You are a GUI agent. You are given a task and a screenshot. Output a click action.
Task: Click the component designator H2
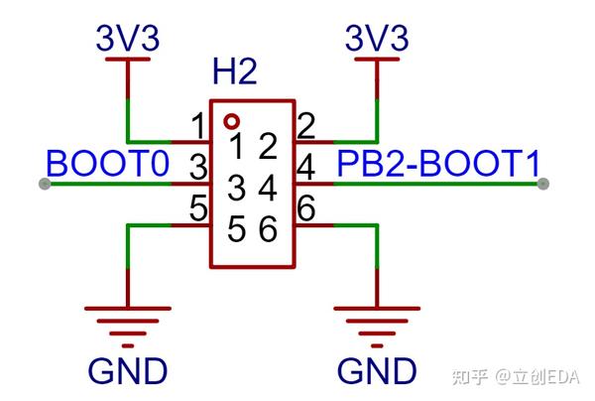pyautogui.click(x=235, y=73)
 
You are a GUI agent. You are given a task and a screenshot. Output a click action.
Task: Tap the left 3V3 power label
pyautogui.click(x=128, y=40)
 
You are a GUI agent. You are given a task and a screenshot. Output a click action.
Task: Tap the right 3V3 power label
pyautogui.click(x=377, y=40)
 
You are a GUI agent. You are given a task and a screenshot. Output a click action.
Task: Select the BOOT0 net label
pyautogui.click(x=108, y=163)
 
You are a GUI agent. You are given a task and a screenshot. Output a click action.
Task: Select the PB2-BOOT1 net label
pyautogui.click(x=439, y=163)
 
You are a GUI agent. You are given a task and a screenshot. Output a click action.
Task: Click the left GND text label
pyautogui.click(x=128, y=371)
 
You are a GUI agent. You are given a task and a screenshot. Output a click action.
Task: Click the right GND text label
pyautogui.click(x=377, y=371)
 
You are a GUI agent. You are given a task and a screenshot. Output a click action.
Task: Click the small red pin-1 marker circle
pyautogui.click(x=231, y=121)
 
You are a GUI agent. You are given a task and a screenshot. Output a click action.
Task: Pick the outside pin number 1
pyautogui.click(x=198, y=127)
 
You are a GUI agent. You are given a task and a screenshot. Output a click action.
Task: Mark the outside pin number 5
pyautogui.click(x=198, y=209)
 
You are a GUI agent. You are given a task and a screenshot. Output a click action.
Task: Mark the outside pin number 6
pyautogui.click(x=306, y=209)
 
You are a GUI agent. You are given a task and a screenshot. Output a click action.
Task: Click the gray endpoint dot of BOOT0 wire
pyautogui.click(x=44, y=184)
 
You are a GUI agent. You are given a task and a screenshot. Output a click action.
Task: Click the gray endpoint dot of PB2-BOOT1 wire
pyautogui.click(x=544, y=184)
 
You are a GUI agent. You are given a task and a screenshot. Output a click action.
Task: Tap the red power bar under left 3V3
pyautogui.click(x=128, y=62)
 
